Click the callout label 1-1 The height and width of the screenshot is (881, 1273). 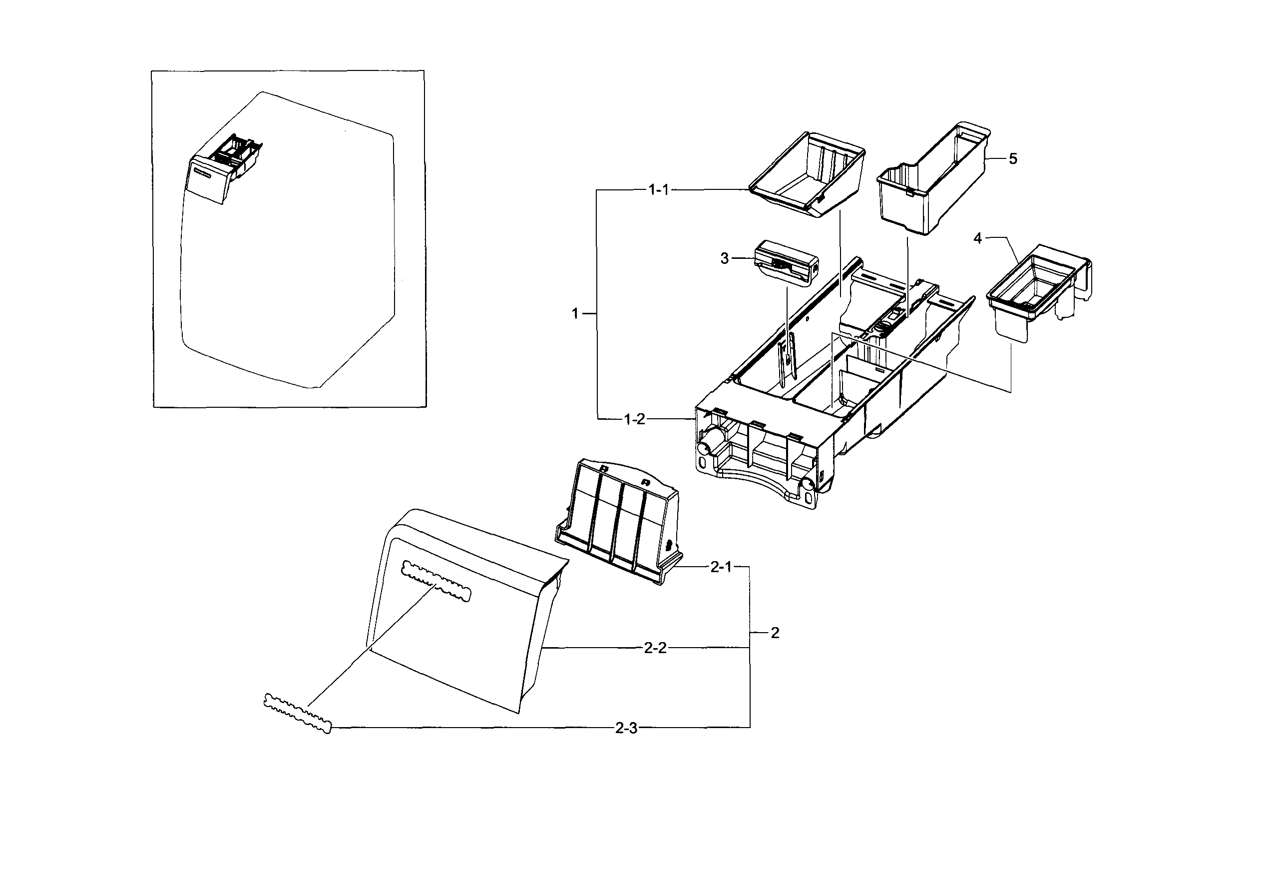tap(658, 190)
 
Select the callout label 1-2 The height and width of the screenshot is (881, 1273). tap(634, 420)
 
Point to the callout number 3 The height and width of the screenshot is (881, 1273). tap(725, 258)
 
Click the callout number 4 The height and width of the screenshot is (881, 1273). tap(978, 238)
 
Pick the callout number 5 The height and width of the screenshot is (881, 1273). tap(1013, 159)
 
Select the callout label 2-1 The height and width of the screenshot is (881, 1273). tap(720, 567)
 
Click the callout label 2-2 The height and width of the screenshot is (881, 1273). tap(655, 648)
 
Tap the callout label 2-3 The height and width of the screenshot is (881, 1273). tap(626, 729)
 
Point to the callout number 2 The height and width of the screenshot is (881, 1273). tap(775, 633)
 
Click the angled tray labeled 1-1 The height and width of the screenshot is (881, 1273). tap(807, 176)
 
